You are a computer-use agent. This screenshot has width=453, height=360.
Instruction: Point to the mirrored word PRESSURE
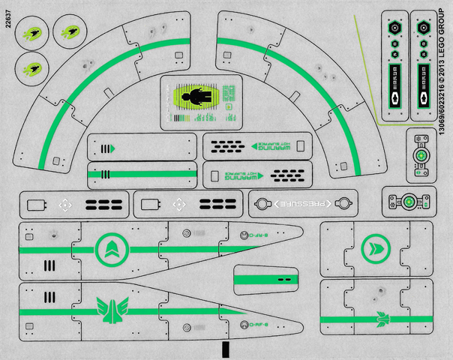pos(303,203)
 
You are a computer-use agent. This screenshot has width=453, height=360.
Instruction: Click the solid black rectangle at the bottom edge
pos(224,350)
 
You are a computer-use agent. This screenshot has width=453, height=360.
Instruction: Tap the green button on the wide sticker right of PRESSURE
pos(409,202)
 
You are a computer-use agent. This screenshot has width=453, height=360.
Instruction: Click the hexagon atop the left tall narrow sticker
pos(395,24)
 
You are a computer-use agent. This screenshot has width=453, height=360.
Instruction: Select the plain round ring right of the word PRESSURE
pos(343,203)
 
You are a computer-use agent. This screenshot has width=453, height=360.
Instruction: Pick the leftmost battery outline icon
pos(36,204)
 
